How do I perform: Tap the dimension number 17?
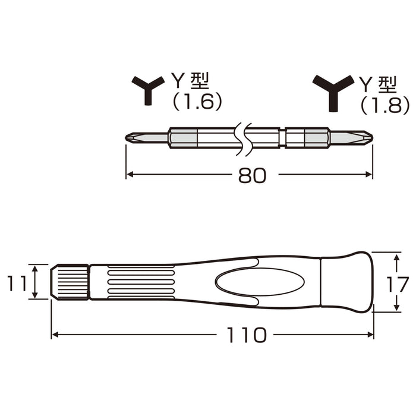(x=402, y=283)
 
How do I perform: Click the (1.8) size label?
(x=385, y=105)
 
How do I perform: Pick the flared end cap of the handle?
(x=347, y=282)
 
